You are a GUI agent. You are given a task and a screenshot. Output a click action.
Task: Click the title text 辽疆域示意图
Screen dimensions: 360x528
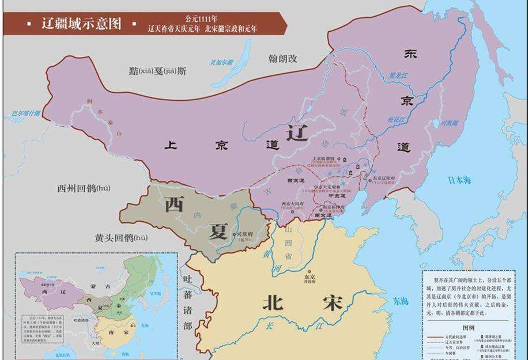(81, 24)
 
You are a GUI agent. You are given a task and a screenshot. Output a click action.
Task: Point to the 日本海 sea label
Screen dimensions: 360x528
(459, 181)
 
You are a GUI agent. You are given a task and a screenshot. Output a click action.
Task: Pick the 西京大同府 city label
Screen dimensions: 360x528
(292, 204)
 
